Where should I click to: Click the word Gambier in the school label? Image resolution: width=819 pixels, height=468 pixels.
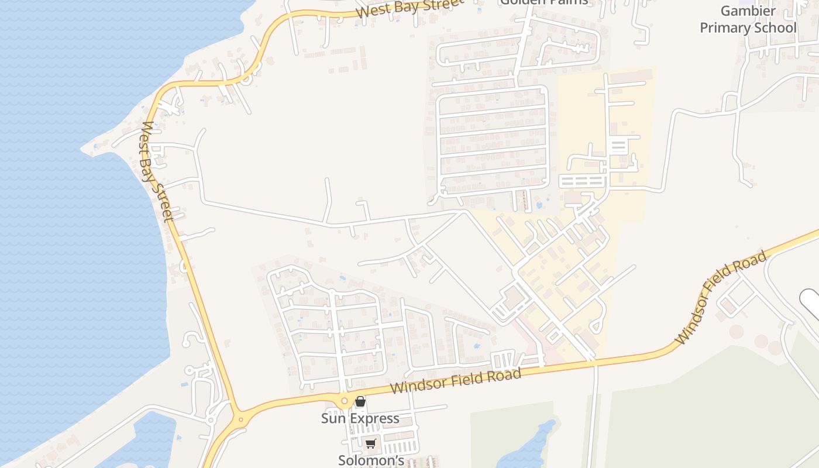pyautogui.click(x=748, y=11)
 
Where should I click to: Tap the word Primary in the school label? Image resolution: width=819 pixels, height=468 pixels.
pyautogui.click(x=726, y=27)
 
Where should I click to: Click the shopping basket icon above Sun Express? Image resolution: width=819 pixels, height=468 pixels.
pyautogui.click(x=360, y=401)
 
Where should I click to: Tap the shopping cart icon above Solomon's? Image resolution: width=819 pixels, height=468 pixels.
pyautogui.click(x=370, y=444)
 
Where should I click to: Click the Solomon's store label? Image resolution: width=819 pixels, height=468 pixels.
pyautogui.click(x=371, y=460)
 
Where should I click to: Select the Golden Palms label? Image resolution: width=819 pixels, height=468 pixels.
pyautogui.click(x=543, y=2)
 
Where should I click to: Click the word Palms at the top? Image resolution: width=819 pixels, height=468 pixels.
pyautogui.click(x=567, y=2)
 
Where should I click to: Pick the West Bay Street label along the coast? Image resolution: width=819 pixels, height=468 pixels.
pyautogui.click(x=157, y=171)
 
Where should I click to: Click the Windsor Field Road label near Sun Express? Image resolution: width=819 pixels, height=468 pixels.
pyautogui.click(x=456, y=381)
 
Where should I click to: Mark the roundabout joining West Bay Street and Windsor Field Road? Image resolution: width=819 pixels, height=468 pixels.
pyautogui.click(x=240, y=419)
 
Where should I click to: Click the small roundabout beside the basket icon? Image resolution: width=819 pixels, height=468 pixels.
pyautogui.click(x=344, y=401)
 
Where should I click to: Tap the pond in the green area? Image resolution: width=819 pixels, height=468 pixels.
pyautogui.click(x=529, y=445)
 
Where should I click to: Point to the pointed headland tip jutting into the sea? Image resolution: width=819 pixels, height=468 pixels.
pyautogui.click(x=83, y=149)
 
